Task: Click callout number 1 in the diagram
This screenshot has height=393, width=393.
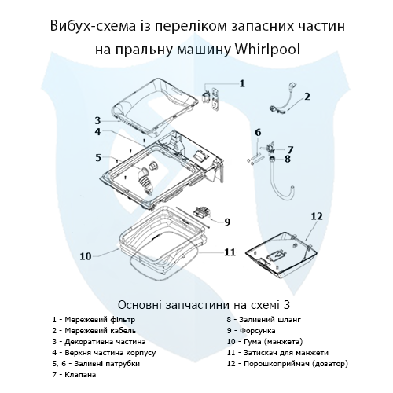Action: click(242, 83)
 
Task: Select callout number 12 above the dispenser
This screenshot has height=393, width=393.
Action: click(317, 215)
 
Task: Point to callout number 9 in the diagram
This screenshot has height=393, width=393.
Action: click(226, 222)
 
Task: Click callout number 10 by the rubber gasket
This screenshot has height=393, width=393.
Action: click(86, 255)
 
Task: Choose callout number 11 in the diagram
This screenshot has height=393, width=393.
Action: click(229, 252)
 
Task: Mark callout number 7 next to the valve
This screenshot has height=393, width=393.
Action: click(289, 149)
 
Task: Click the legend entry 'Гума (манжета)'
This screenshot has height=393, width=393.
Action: click(268, 341)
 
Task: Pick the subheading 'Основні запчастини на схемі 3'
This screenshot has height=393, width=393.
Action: click(196, 303)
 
